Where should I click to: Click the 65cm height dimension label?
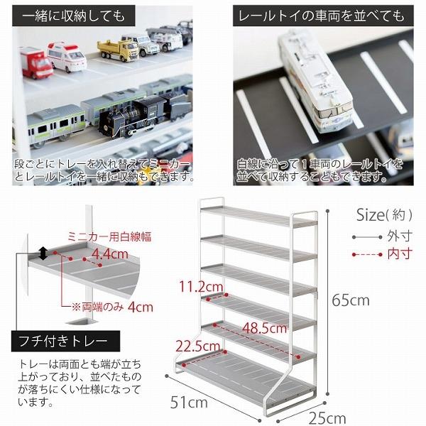pyautogui.click(x=350, y=300)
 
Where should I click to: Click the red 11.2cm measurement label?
pyautogui.click(x=201, y=287)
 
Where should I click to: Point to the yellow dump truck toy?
pyautogui.click(x=117, y=50)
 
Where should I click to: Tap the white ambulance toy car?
pyautogui.click(x=67, y=56)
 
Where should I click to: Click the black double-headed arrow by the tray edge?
pyautogui.click(x=43, y=252)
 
